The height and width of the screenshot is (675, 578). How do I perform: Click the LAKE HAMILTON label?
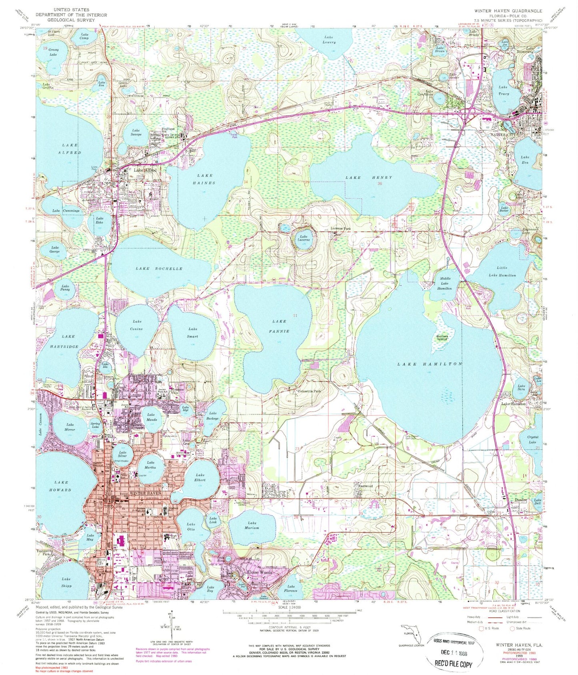pos(430,364)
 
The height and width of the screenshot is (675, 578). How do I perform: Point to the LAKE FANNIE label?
pos(279,326)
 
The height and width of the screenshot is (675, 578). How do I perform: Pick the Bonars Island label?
pos(444,337)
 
